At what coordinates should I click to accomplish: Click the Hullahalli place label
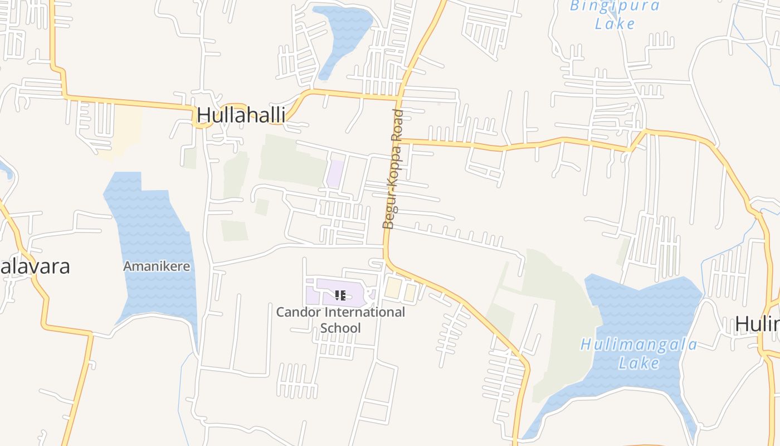click(x=241, y=115)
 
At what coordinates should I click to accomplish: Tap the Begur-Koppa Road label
click(x=393, y=169)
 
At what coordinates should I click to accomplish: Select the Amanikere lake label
click(x=157, y=266)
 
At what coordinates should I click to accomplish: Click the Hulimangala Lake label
click(x=639, y=353)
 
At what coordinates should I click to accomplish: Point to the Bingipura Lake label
click(x=615, y=15)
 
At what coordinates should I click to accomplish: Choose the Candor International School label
click(x=340, y=319)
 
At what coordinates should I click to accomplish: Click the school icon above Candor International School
click(x=340, y=295)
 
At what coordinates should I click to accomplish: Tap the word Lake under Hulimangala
click(x=639, y=363)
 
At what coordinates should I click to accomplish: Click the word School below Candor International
click(x=340, y=328)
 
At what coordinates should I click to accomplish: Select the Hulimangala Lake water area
click(x=641, y=312)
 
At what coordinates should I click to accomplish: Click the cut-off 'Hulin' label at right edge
click(x=757, y=323)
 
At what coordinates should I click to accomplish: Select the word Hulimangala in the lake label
click(x=639, y=345)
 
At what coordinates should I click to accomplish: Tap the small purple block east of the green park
click(x=335, y=173)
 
